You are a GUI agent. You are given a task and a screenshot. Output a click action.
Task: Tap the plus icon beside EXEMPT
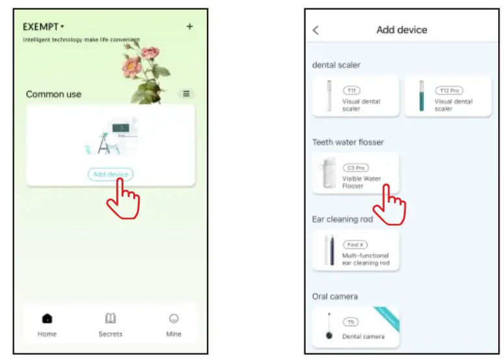pos(189,27)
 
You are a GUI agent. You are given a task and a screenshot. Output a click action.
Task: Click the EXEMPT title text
pos(42,27)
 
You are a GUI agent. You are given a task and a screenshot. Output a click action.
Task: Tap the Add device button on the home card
pos(111,174)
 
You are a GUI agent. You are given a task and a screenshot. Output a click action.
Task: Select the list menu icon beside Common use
pos(187,94)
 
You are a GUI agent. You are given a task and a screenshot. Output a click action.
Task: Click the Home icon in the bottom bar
pos(47,318)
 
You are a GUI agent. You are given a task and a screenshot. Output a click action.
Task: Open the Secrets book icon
pos(111,318)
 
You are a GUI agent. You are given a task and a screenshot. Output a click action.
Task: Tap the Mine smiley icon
pos(174,318)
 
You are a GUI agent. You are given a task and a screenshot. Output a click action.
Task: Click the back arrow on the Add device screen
pos(316,30)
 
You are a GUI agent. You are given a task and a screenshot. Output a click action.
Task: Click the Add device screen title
pos(402,30)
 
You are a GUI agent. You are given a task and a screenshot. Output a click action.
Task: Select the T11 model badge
pos(351,91)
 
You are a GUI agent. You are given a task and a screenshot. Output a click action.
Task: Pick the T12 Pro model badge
pos(448,91)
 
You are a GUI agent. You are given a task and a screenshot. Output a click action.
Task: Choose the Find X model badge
pos(355,245)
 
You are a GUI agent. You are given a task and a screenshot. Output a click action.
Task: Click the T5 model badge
pos(351,322)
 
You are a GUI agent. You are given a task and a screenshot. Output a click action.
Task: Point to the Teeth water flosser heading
pos(348,142)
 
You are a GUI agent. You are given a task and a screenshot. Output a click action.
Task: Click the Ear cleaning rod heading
pos(343,219)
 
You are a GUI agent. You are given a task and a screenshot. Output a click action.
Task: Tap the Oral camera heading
pos(335,296)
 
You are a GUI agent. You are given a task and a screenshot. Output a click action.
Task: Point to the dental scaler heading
pos(336,65)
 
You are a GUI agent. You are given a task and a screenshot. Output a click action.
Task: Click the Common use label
pos(54,94)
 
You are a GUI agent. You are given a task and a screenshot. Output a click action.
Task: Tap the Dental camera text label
pos(364,337)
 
